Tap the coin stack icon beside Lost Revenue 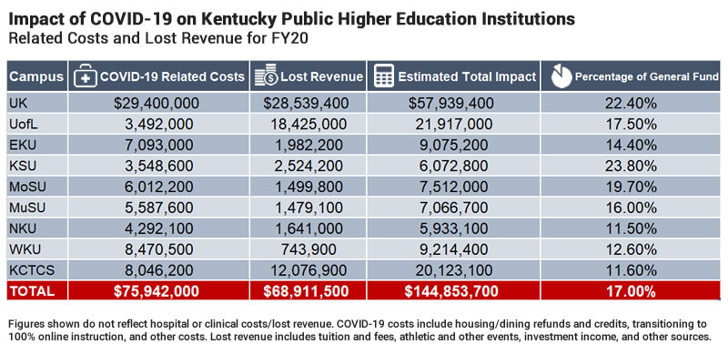click(266, 76)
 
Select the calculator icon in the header click(384, 76)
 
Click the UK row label click(18, 103)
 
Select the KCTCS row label click(30, 270)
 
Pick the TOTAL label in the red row click(32, 292)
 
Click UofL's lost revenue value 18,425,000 click(308, 124)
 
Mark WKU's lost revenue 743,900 click(308, 249)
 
